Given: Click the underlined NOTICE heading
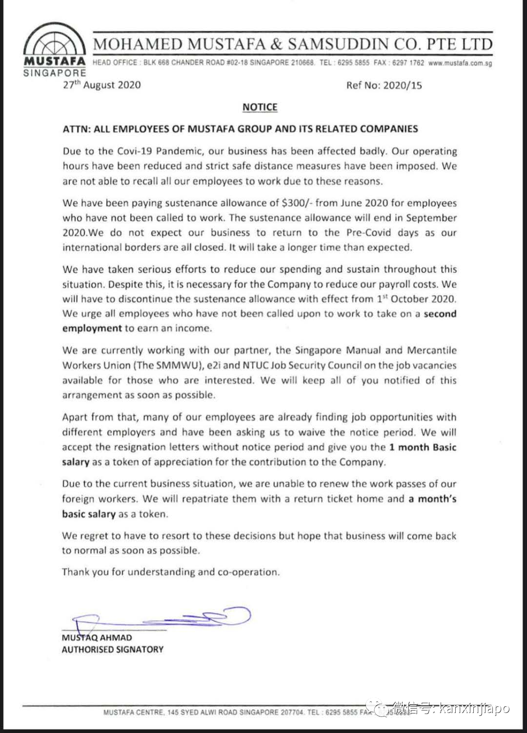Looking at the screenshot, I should click(260, 107).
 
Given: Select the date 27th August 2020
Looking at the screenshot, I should click(101, 85).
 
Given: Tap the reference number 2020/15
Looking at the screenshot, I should click(403, 85).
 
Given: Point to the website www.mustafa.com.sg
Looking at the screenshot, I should click(460, 63).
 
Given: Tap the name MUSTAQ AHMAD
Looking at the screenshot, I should click(97, 637).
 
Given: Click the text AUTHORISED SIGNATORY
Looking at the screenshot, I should click(112, 650).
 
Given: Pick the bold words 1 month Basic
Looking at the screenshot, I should click(423, 447).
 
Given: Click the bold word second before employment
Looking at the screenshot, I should click(440, 314).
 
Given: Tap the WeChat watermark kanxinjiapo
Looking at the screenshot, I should click(473, 708).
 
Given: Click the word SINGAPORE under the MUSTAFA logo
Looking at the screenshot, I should click(54, 73).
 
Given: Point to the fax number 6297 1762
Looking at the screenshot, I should click(408, 63).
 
